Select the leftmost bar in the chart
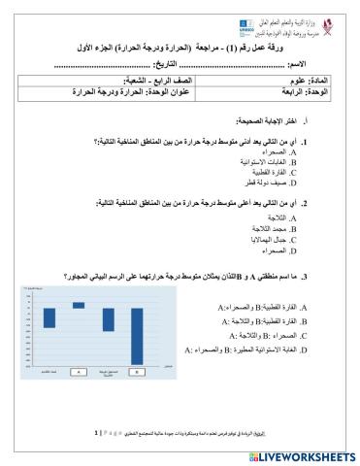coord(49,316)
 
